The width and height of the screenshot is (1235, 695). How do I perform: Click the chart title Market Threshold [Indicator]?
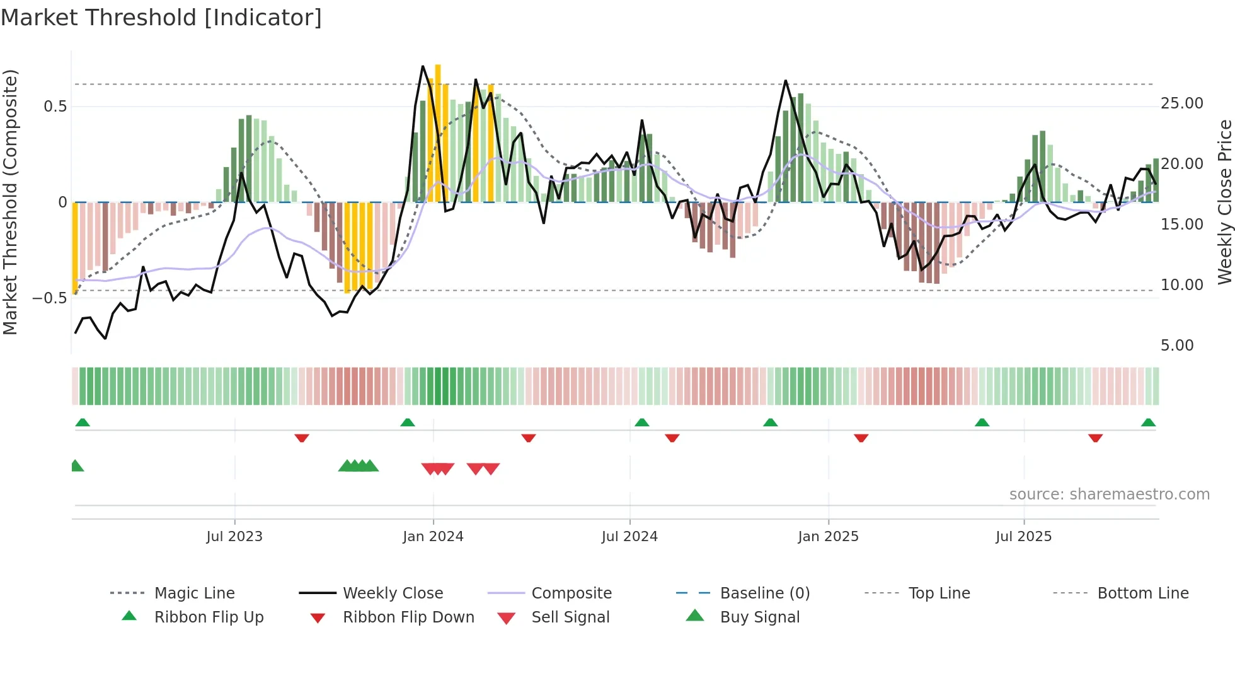click(x=161, y=18)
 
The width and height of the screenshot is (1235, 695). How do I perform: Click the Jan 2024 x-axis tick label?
click(x=433, y=536)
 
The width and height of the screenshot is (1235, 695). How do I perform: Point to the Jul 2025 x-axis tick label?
click(x=1023, y=536)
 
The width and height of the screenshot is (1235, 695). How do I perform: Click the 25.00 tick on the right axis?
click(x=1181, y=103)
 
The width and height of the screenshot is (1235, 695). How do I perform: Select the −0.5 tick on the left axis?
click(x=50, y=298)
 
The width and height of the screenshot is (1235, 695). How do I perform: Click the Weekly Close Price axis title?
click(x=1224, y=202)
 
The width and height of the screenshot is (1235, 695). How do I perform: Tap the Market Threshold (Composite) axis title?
click(x=10, y=202)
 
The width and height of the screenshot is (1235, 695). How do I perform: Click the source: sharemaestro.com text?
click(x=1109, y=494)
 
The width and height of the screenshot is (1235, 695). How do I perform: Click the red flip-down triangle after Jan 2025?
click(x=861, y=438)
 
